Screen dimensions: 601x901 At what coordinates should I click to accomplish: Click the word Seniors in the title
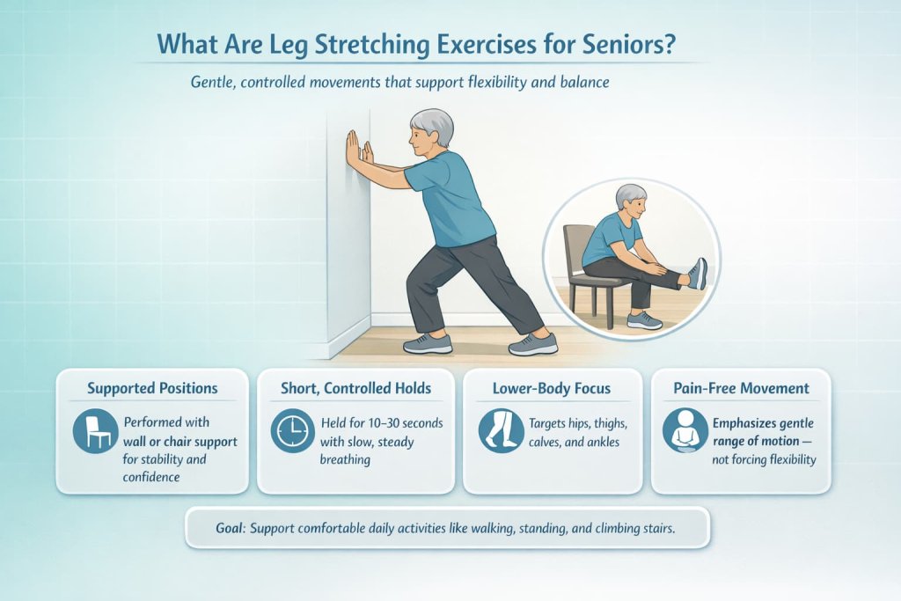pyautogui.click(x=627, y=46)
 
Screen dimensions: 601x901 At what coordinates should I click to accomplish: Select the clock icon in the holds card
pyautogui.click(x=292, y=430)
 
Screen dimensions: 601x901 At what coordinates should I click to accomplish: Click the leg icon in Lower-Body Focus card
pyautogui.click(x=501, y=430)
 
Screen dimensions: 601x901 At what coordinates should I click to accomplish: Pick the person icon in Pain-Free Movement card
pyautogui.click(x=685, y=430)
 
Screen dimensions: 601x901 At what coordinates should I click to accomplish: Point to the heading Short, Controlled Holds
pyautogui.click(x=355, y=388)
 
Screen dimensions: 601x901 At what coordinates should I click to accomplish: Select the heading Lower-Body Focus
pyautogui.click(x=553, y=388)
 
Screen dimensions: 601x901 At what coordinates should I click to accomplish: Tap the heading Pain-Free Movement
pyautogui.click(x=741, y=388)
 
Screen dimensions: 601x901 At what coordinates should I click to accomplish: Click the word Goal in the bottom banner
pyautogui.click(x=233, y=528)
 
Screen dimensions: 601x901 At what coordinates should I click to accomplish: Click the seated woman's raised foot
pyautogui.click(x=698, y=273)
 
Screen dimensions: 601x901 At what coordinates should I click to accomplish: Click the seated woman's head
pyautogui.click(x=630, y=200)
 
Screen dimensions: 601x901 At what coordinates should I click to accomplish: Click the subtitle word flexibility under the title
pyautogui.click(x=467, y=84)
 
